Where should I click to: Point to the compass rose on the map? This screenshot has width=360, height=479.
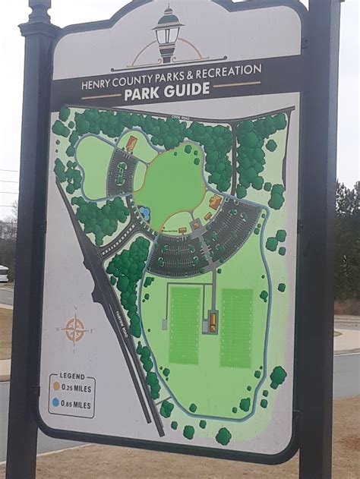74,330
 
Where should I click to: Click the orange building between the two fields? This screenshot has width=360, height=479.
212,322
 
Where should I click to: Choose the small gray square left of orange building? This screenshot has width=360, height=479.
165,324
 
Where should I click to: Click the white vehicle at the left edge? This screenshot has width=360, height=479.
3,273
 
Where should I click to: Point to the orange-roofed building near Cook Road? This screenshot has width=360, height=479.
131,143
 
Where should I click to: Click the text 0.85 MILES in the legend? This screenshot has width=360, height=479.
77,405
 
